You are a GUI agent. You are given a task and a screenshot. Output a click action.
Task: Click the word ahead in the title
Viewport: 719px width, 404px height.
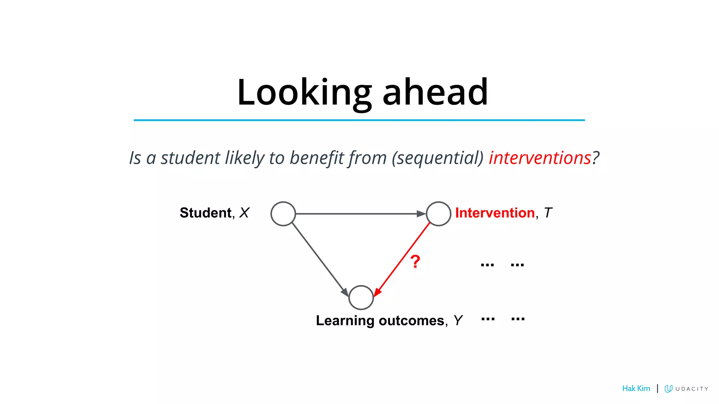[435, 93]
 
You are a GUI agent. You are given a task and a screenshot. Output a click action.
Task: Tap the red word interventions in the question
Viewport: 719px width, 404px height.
[540, 158]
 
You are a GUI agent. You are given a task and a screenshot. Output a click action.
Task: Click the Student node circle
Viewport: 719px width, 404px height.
[283, 214]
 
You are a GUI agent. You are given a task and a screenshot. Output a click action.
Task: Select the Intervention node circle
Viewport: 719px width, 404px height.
[438, 214]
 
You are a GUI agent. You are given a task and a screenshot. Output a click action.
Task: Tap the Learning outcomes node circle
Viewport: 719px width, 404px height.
[361, 297]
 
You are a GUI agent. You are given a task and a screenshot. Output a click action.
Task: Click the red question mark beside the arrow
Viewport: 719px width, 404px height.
[415, 262]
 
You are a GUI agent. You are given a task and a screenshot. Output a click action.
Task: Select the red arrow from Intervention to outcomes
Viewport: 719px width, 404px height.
[402, 260]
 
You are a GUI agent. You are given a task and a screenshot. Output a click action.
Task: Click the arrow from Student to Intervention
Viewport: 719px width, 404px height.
[360, 214]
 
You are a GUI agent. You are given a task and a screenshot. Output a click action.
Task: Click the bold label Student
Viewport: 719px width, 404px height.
[205, 213]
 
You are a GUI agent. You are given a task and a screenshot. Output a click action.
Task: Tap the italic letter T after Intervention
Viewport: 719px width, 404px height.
[548, 213]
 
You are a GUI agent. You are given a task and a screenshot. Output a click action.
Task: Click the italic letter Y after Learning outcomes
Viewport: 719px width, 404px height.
[458, 321]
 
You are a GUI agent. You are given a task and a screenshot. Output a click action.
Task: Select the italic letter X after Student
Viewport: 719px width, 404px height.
[244, 213]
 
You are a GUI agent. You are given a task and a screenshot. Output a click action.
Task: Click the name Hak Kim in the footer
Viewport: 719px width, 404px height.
[636, 389]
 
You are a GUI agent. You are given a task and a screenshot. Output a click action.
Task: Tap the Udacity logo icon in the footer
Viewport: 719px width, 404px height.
[668, 389]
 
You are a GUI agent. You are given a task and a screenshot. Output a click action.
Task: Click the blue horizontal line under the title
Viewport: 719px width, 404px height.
[359, 120]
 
